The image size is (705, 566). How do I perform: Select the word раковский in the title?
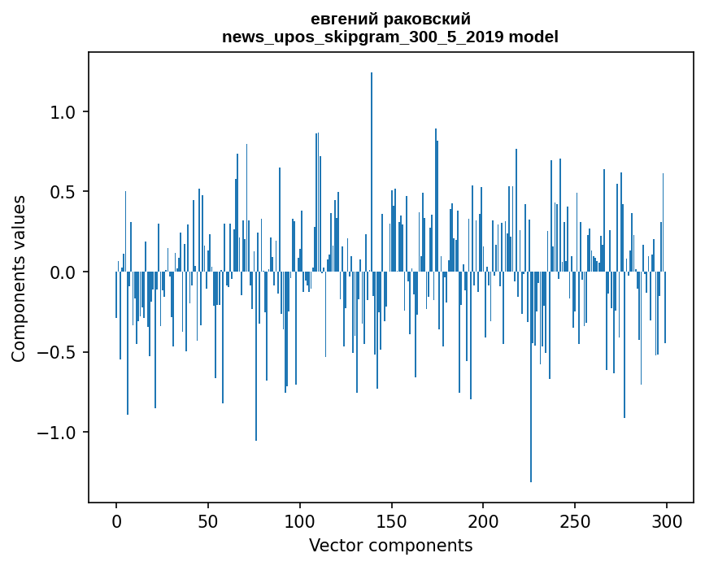[x=431, y=19]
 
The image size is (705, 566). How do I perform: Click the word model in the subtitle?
[x=534, y=37]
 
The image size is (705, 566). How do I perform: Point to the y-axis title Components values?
[x=19, y=278]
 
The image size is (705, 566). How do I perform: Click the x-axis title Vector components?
[x=390, y=545]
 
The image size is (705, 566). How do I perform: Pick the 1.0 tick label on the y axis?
[x=64, y=112]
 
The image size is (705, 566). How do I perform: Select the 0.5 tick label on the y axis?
[x=64, y=192]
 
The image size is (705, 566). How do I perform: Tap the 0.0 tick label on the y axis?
[x=64, y=272]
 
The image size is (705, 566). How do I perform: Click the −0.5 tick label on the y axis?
[x=59, y=352]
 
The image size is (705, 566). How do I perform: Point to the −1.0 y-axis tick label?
[x=59, y=432]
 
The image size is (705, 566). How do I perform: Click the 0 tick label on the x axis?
[x=116, y=520]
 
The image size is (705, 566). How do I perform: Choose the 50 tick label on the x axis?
[x=208, y=520]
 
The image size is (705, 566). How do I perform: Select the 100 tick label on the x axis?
[x=300, y=520]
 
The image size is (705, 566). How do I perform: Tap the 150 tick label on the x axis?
[x=392, y=520]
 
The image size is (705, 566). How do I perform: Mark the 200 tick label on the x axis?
[x=483, y=520]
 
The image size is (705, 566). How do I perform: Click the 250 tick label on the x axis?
[x=575, y=520]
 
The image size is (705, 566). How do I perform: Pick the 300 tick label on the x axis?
[x=667, y=520]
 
